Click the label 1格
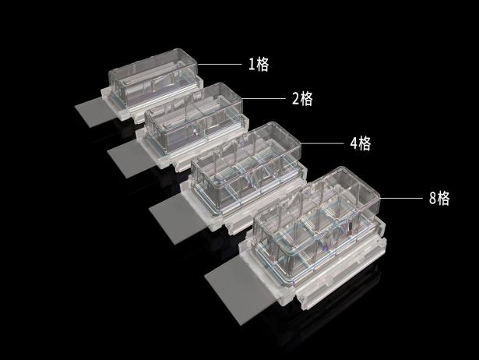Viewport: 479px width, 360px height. (x=259, y=64)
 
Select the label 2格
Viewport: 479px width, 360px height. (x=302, y=98)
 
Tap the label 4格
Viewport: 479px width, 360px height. (x=361, y=143)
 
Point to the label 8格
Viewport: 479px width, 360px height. (x=439, y=198)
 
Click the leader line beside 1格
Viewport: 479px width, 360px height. (x=220, y=64)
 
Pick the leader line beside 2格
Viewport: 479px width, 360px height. (x=263, y=98)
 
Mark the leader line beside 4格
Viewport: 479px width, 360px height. (x=322, y=143)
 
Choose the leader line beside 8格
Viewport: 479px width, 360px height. (x=401, y=198)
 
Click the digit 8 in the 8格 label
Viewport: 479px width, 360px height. (x=432, y=198)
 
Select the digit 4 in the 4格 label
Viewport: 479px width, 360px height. (x=354, y=143)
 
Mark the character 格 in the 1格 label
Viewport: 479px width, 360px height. (x=262, y=64)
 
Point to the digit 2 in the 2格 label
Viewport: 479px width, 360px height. (x=296, y=99)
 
